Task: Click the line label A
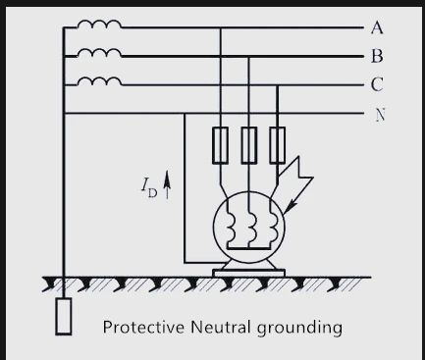[x=377, y=27]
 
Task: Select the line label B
[x=377, y=56]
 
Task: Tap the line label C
[x=377, y=84]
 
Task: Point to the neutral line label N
[x=380, y=115]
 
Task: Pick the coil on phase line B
[x=99, y=52]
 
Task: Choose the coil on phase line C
[x=99, y=80]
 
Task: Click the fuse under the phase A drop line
[x=220, y=145]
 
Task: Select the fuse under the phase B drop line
[x=249, y=145]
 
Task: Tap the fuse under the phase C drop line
[x=277, y=145]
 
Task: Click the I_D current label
[x=149, y=188]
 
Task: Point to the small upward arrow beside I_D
[x=167, y=184]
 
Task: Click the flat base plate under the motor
[x=248, y=273]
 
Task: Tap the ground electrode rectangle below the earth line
[x=64, y=317]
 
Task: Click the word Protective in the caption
[x=143, y=327]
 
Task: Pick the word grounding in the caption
[x=299, y=328]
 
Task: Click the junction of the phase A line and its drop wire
[x=220, y=28]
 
